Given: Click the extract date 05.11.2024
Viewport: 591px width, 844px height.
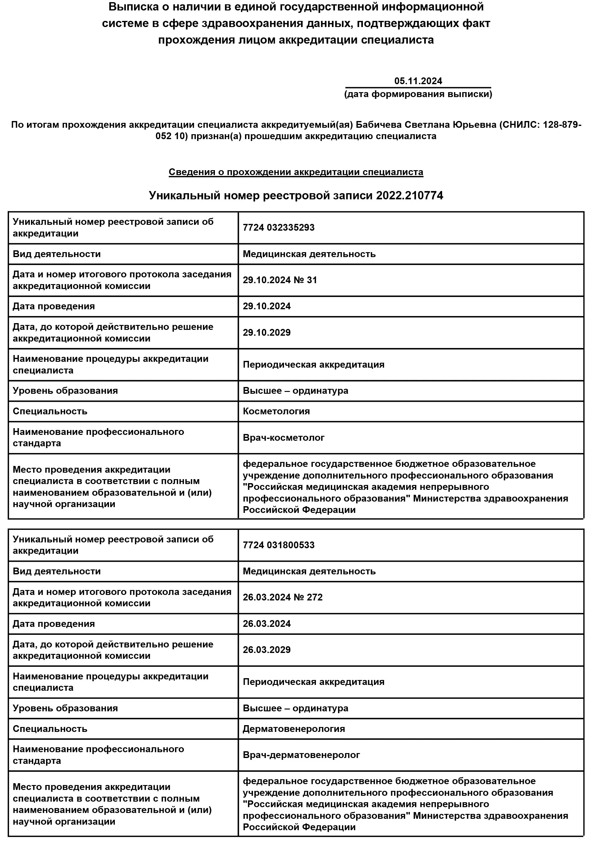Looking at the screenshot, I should [x=418, y=81].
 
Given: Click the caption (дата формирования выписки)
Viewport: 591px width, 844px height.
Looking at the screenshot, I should [x=418, y=94].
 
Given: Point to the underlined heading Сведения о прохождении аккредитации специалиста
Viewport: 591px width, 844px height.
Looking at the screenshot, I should [x=296, y=172].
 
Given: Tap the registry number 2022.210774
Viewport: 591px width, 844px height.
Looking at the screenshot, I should [x=410, y=195].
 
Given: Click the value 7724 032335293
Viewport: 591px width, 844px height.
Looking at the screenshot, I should [x=278, y=228].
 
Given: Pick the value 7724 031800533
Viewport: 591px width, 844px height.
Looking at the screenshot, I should [x=278, y=545].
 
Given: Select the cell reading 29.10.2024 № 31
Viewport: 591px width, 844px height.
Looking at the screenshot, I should [x=280, y=280].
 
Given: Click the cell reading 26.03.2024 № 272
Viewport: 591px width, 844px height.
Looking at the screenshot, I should [x=283, y=597].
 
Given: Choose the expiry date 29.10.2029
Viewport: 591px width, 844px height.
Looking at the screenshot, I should [x=266, y=333].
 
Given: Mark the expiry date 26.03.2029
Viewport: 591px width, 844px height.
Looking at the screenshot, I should [x=266, y=650].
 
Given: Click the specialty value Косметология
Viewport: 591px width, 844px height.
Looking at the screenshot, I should [x=276, y=411].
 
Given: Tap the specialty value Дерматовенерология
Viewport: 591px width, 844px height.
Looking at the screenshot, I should [x=294, y=729].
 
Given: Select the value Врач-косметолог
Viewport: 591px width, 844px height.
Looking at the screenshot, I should [x=283, y=438].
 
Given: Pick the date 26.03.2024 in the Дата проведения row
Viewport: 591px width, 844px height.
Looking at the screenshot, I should [x=266, y=624].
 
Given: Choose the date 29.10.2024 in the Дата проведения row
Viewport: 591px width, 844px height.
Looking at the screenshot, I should [x=266, y=306].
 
